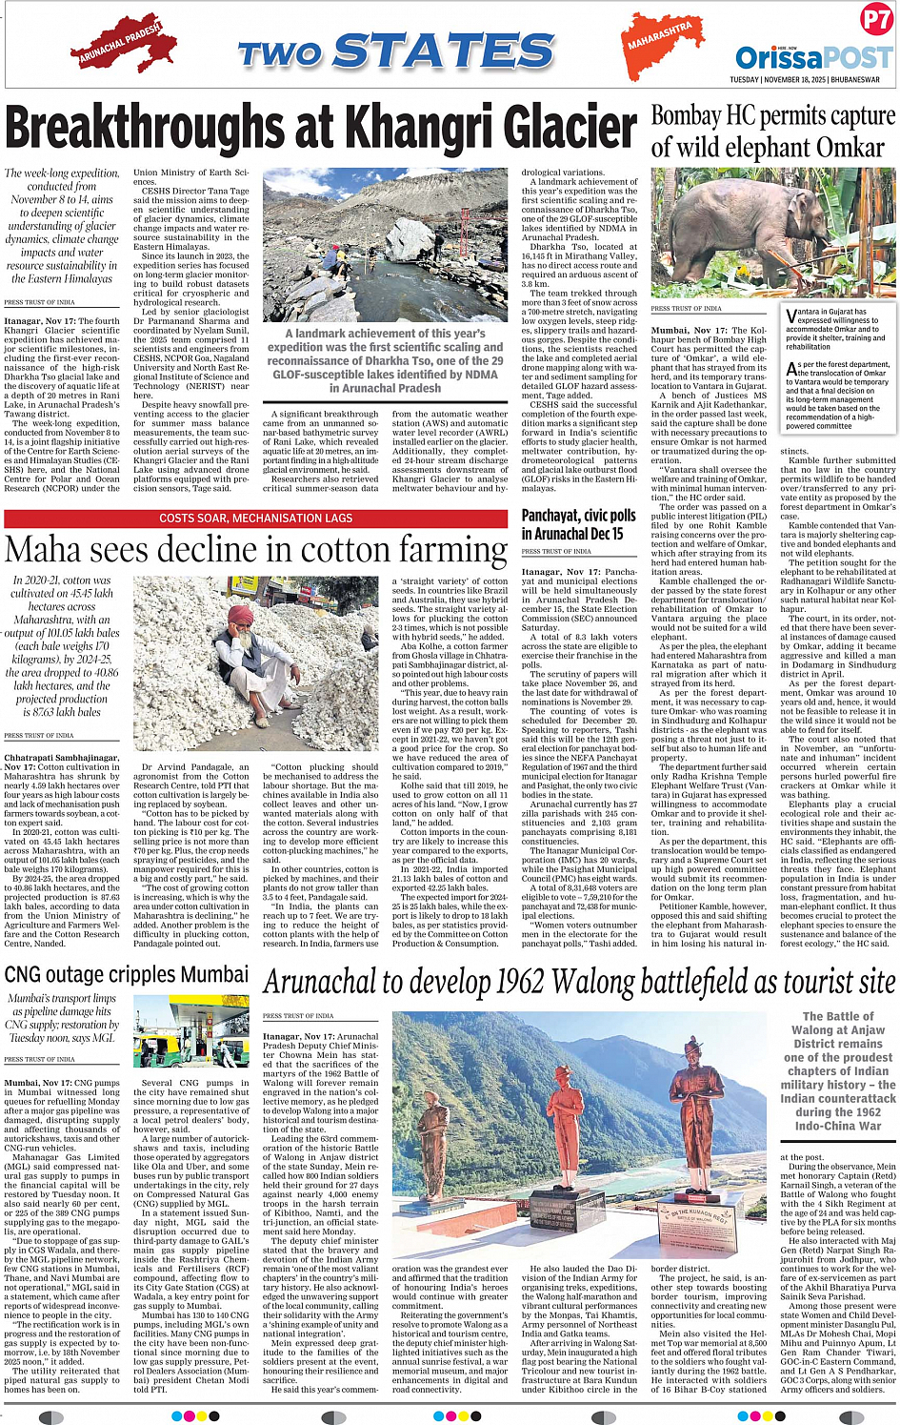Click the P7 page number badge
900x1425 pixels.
click(875, 19)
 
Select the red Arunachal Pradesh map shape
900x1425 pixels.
click(121, 46)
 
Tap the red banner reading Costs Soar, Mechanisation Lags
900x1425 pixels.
click(256, 519)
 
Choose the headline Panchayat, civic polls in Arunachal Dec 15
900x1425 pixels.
click(578, 524)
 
